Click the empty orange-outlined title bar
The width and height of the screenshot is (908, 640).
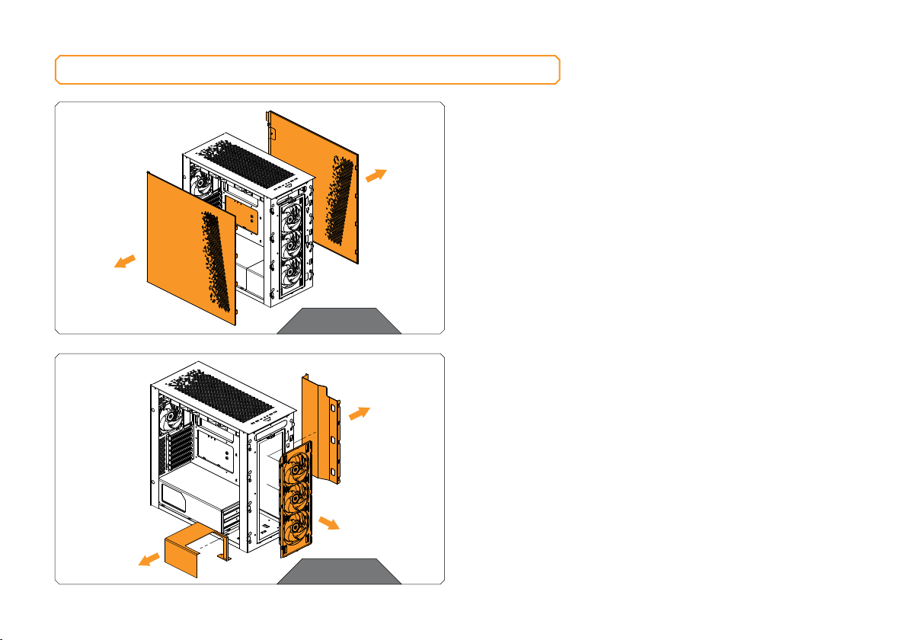(307, 69)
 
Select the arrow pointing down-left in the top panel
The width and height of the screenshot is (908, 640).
(126, 261)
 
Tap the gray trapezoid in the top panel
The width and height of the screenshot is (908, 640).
(339, 321)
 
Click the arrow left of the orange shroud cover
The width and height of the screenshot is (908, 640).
(149, 560)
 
